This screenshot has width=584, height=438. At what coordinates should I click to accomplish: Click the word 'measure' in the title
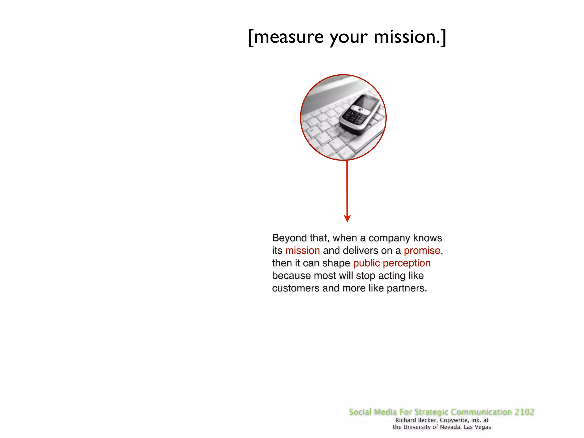click(x=289, y=37)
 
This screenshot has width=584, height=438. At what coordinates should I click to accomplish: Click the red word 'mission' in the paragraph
click(x=302, y=250)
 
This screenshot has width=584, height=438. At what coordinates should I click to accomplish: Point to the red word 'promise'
click(x=422, y=250)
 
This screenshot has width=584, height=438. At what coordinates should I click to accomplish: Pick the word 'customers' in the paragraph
click(x=296, y=288)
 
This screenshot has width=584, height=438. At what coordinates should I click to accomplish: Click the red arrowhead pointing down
click(x=347, y=218)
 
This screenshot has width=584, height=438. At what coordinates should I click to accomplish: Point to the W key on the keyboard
click(x=311, y=130)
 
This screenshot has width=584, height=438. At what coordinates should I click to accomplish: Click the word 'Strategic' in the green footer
click(x=431, y=412)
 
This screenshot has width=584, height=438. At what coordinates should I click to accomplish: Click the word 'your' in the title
click(x=348, y=37)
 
